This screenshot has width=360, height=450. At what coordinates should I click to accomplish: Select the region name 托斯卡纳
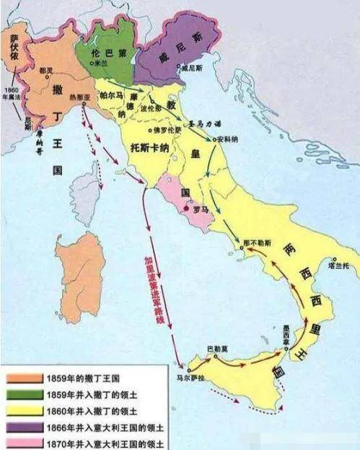pyautogui.click(x=149, y=145)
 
